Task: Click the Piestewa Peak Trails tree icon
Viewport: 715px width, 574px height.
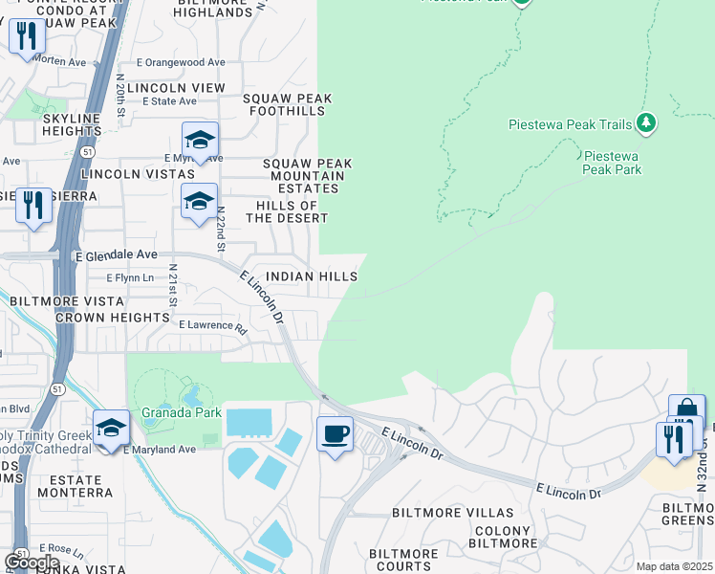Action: (x=646, y=123)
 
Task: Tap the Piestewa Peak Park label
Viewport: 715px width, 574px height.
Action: (x=613, y=162)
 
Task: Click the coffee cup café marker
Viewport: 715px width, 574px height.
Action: (x=335, y=434)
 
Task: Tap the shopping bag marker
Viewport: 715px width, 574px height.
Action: (x=685, y=411)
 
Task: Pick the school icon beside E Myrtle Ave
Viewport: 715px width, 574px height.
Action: (x=200, y=141)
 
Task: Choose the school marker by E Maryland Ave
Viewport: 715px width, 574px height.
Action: (x=111, y=428)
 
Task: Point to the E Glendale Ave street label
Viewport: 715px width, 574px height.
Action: (x=116, y=255)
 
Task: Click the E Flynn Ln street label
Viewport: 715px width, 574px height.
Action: (x=128, y=277)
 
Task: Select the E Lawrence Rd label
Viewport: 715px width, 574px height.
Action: (x=212, y=325)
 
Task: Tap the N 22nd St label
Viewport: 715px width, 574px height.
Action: (x=221, y=230)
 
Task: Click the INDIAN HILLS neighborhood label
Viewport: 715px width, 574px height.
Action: (x=312, y=276)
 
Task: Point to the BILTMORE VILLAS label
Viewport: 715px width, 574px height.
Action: (x=440, y=513)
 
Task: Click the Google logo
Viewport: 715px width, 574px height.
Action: (x=32, y=563)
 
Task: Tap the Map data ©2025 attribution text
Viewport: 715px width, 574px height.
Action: (x=675, y=566)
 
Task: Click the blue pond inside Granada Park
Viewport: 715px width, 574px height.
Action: (x=191, y=395)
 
